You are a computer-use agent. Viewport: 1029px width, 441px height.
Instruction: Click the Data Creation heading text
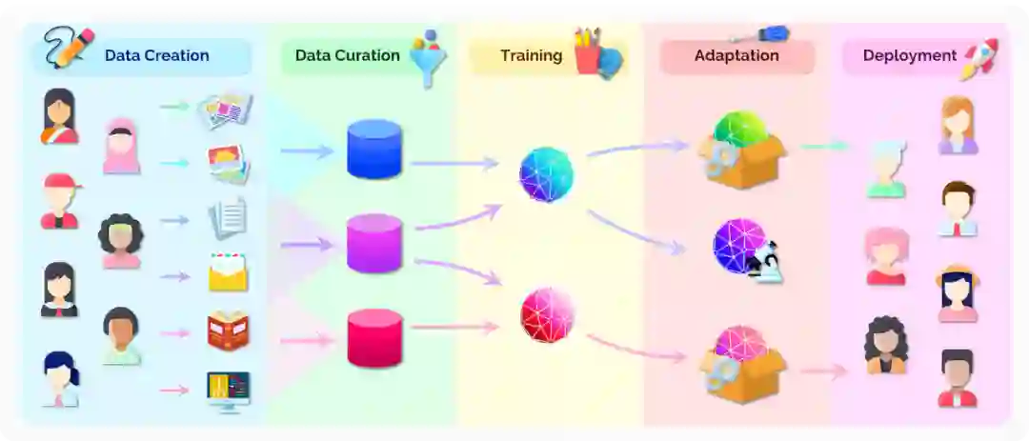[x=156, y=55]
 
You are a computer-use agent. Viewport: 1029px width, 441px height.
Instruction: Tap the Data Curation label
[x=347, y=55]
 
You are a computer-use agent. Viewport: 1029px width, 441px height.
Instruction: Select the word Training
[x=531, y=55]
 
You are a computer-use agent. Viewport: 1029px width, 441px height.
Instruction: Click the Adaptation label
[x=736, y=55]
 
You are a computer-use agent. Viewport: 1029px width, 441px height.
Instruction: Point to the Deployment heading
[x=909, y=55]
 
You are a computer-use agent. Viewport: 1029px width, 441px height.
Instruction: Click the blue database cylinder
[x=374, y=150]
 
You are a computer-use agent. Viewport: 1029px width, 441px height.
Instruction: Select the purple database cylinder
[x=374, y=243]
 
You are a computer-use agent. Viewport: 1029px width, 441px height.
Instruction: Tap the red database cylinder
[x=374, y=337]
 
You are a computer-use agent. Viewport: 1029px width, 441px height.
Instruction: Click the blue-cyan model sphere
[x=547, y=174]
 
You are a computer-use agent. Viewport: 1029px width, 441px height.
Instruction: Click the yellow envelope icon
[x=229, y=272]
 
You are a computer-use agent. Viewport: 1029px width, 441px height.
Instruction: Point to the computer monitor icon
[x=229, y=391]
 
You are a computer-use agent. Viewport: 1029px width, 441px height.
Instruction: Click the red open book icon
[x=229, y=331]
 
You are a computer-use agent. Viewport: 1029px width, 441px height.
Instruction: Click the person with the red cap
[x=60, y=200]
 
